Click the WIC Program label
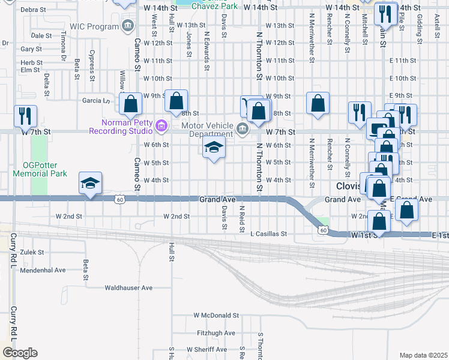tap(94, 26)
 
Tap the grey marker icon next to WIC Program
tap(127, 26)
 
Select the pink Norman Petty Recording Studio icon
tap(160, 126)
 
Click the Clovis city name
tap(349, 186)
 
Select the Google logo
tap(20, 353)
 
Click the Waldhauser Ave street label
tap(128, 288)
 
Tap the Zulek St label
tap(32, 253)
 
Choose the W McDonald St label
tap(216, 315)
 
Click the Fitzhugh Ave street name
tap(216, 333)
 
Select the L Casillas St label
tap(270, 234)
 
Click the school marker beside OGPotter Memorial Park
tap(90, 182)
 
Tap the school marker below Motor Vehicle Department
tap(213, 147)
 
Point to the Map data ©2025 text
tap(423, 355)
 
